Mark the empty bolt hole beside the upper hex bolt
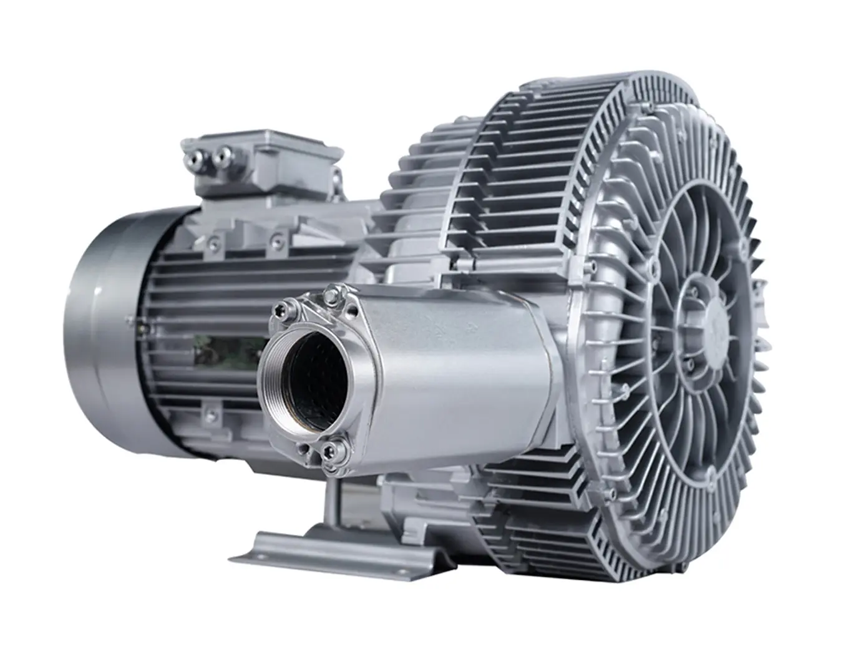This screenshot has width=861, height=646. pyautogui.click(x=324, y=293)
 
